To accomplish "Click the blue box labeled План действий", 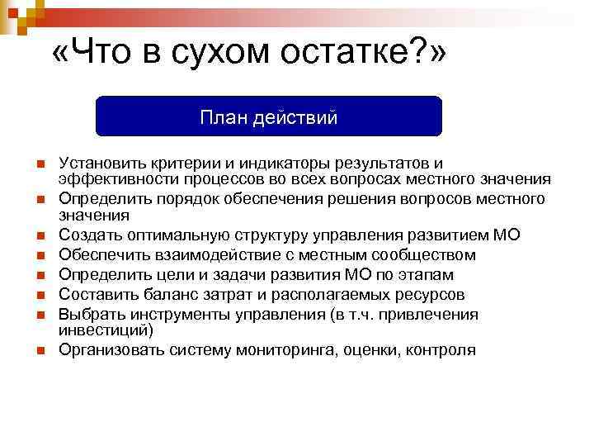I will (x=269, y=116).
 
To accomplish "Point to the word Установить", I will (x=102, y=164).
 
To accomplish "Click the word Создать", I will (x=89, y=235).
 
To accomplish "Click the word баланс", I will (x=174, y=294).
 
